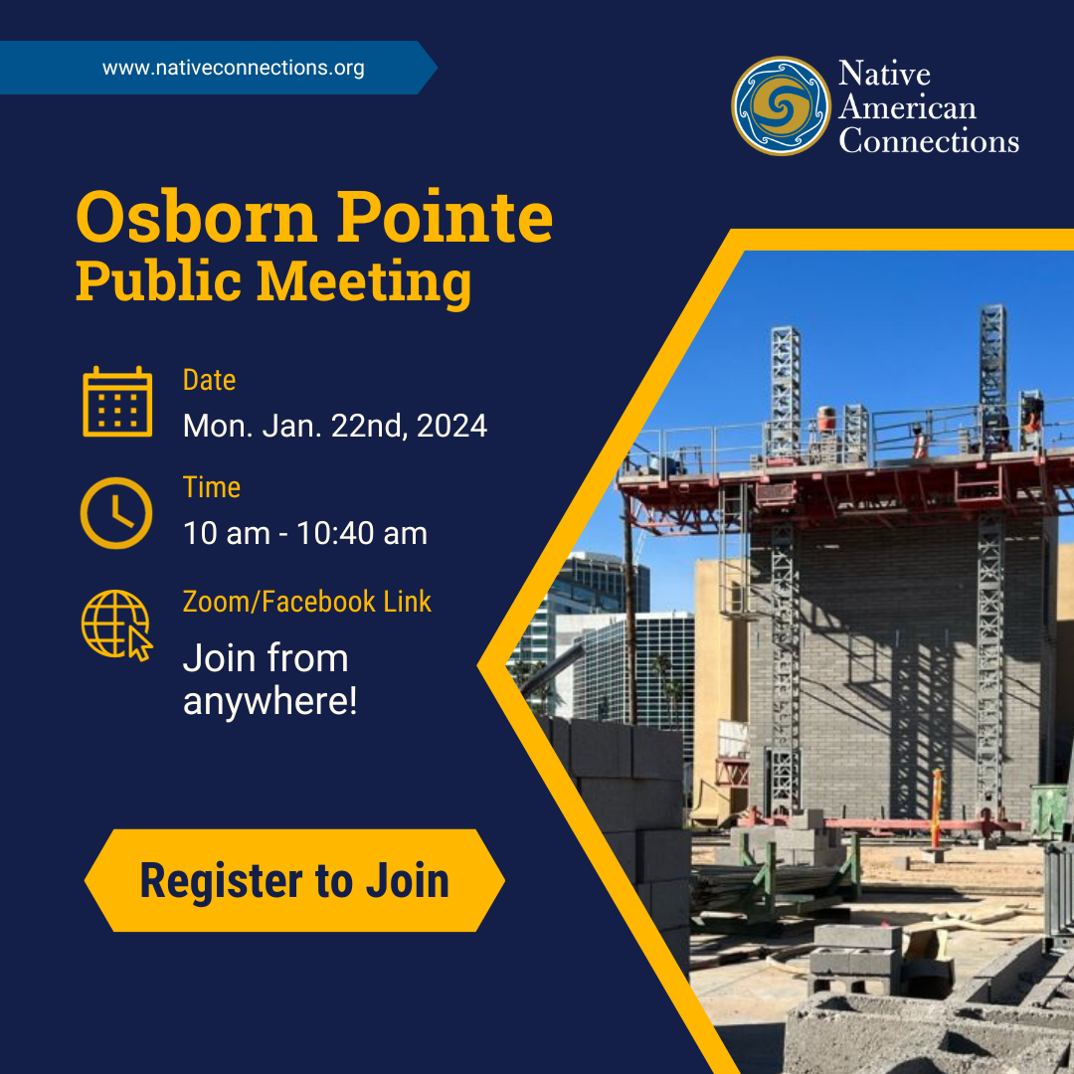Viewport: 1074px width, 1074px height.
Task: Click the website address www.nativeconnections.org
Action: coord(233,68)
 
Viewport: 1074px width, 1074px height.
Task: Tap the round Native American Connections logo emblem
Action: coord(781,105)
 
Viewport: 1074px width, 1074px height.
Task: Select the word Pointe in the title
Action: coord(445,217)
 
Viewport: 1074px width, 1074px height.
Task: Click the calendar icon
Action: coord(117,402)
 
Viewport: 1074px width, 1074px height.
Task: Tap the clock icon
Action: coord(116,513)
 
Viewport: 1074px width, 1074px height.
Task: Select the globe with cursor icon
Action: coord(116,626)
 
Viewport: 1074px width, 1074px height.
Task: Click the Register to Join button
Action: coord(294,880)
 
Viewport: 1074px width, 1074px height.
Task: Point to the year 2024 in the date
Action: coord(452,426)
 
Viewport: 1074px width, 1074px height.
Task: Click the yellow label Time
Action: coord(212,487)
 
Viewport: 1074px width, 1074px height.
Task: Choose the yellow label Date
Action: coord(209,380)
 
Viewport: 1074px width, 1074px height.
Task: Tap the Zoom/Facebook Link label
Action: coord(307,602)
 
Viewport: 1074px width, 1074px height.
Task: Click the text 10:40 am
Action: coord(362,534)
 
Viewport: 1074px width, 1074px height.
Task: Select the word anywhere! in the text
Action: coord(269,701)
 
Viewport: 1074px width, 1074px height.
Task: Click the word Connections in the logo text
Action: coord(929,141)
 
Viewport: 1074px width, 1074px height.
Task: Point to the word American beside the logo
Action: coord(908,107)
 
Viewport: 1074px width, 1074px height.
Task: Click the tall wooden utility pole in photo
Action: coord(629,610)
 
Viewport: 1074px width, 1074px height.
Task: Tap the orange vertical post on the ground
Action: coord(937,808)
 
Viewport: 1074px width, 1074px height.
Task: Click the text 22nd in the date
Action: coord(370,426)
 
